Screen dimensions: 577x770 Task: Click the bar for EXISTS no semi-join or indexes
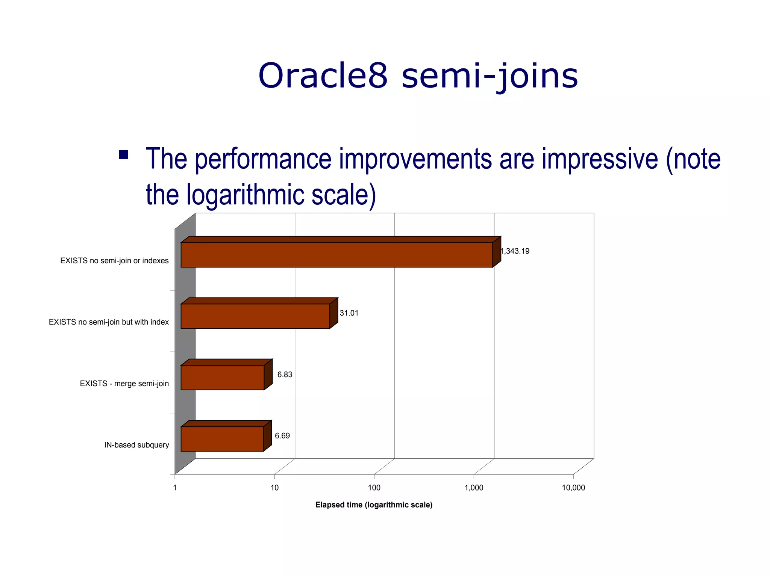pyautogui.click(x=336, y=255)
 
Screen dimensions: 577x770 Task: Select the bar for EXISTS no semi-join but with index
pyautogui.click(x=255, y=316)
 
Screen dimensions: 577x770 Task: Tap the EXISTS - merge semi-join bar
pyautogui.click(x=222, y=378)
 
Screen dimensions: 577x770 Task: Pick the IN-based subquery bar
pyautogui.click(x=222, y=439)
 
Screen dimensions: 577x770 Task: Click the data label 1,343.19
pyautogui.click(x=515, y=251)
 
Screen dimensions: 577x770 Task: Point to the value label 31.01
pyautogui.click(x=349, y=313)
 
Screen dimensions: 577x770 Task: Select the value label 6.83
pyautogui.click(x=285, y=375)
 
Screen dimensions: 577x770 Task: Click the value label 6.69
pyautogui.click(x=282, y=436)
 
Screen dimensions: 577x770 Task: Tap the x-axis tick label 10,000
pyautogui.click(x=573, y=488)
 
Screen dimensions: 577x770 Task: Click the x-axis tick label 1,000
pyautogui.click(x=474, y=488)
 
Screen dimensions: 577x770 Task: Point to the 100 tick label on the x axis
pyautogui.click(x=374, y=488)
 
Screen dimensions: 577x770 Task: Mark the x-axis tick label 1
pyautogui.click(x=175, y=488)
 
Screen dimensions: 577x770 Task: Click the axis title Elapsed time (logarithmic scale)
pyautogui.click(x=374, y=505)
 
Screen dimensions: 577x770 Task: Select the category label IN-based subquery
pyautogui.click(x=136, y=445)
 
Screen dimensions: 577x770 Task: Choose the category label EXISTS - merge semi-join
pyautogui.click(x=124, y=384)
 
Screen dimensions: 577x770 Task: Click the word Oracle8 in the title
pyautogui.click(x=323, y=76)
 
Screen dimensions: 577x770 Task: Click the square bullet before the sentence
pyautogui.click(x=123, y=155)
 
